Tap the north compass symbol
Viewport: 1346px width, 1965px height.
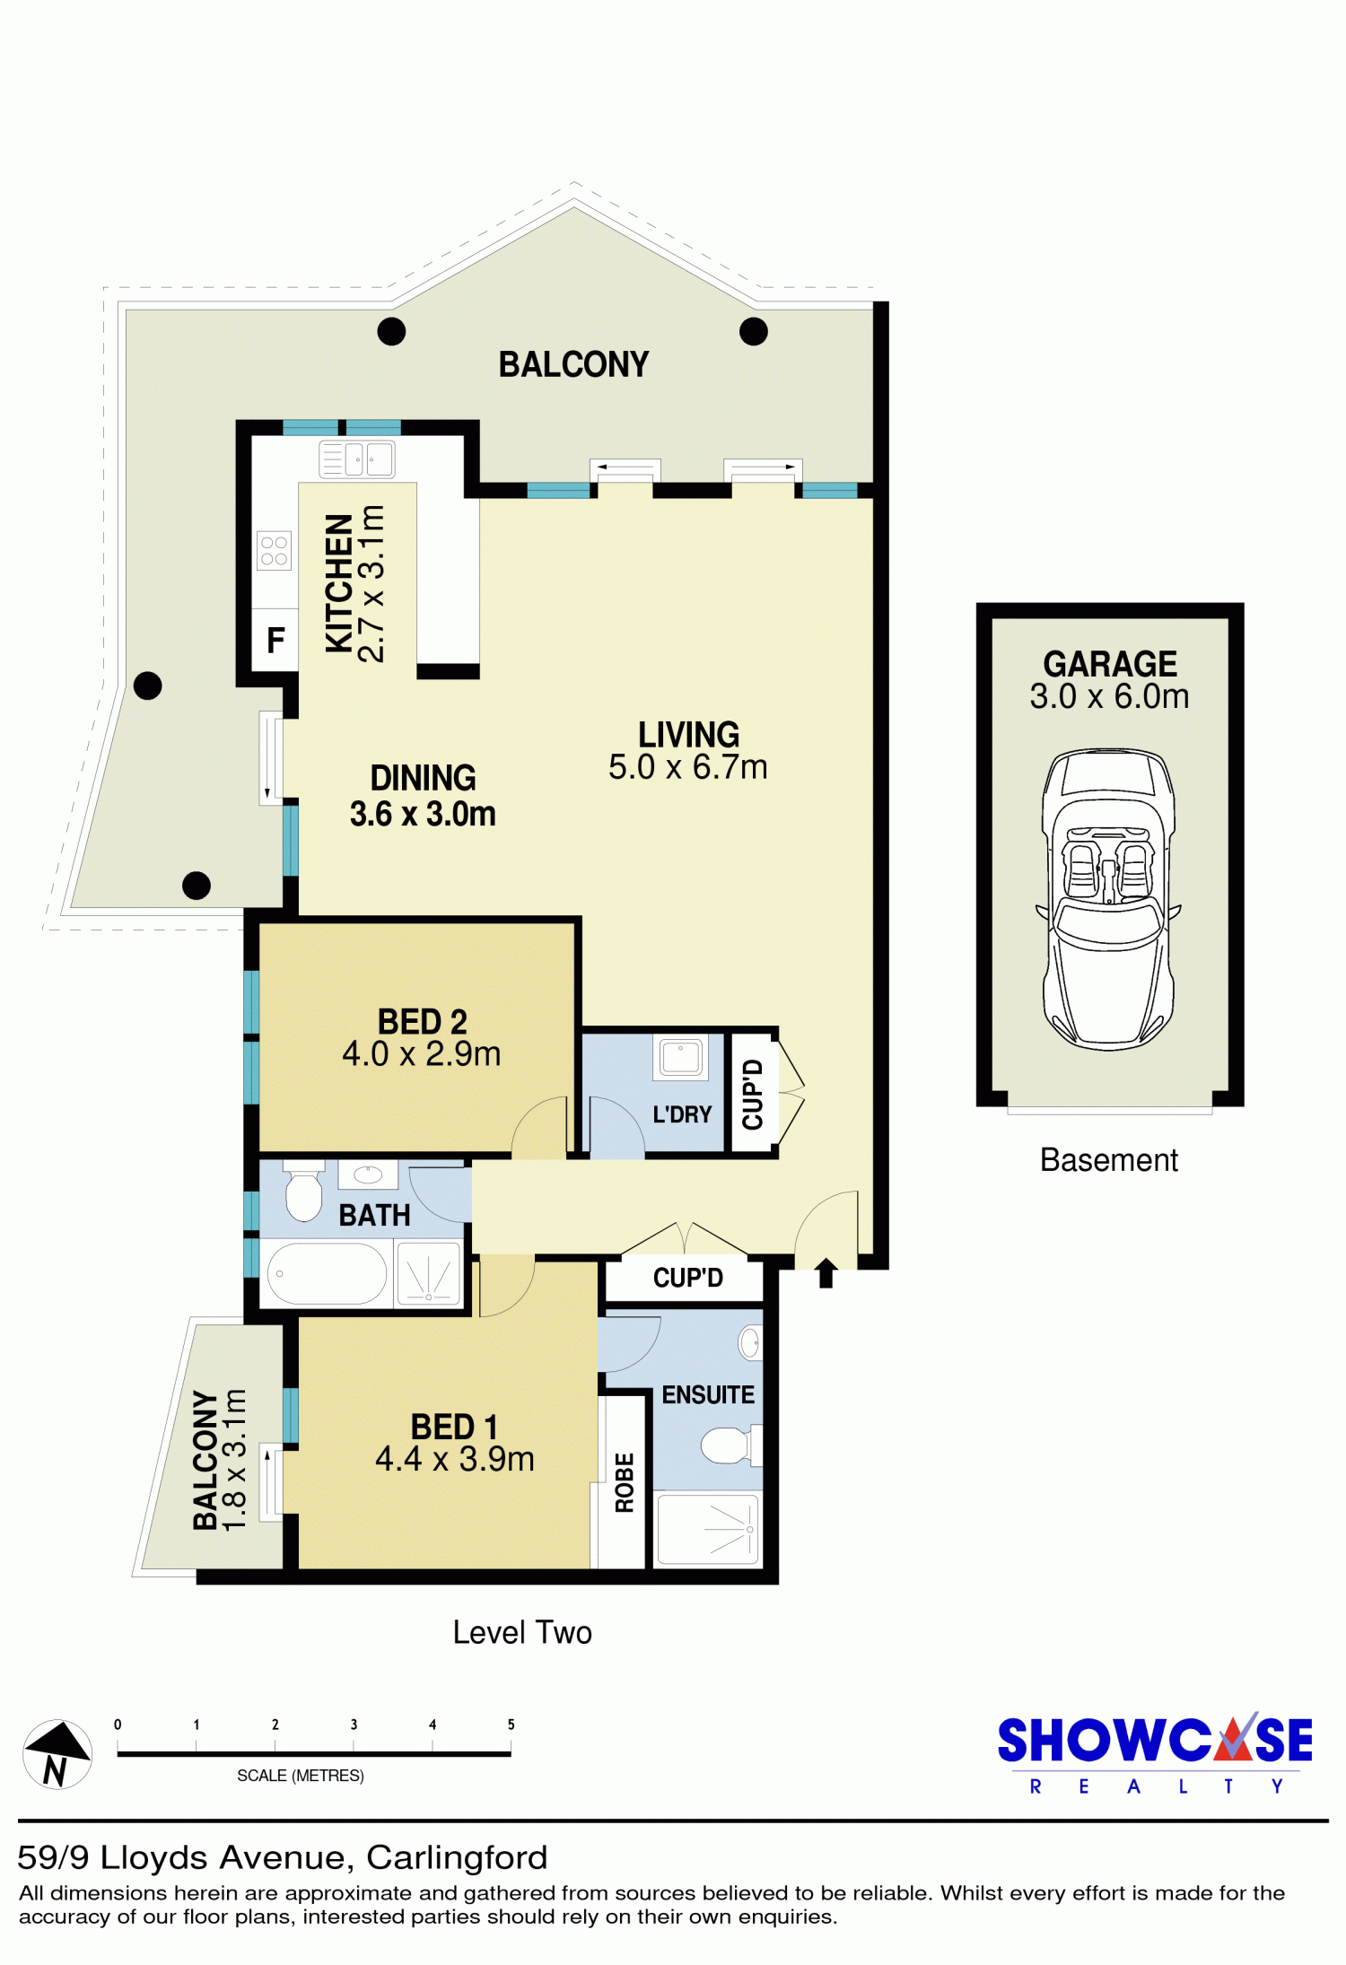click(x=57, y=1754)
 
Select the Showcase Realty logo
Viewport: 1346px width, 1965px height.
click(x=1155, y=1754)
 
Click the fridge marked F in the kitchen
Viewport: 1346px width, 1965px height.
click(x=275, y=640)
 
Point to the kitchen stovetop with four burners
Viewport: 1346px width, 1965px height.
click(x=275, y=551)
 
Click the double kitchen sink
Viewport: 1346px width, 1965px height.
click(x=357, y=459)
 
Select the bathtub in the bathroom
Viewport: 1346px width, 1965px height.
click(x=327, y=1273)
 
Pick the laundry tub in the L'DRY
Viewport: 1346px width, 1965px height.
click(x=681, y=1056)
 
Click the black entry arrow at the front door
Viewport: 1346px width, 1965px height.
click(x=826, y=1273)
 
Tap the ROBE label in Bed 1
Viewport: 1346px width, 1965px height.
click(x=625, y=1482)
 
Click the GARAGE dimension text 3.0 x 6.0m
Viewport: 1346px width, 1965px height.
click(x=1109, y=696)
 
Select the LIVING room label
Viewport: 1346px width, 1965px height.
click(x=688, y=735)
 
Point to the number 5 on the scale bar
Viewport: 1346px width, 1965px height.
click(x=511, y=1725)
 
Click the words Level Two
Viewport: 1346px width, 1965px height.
click(x=522, y=1632)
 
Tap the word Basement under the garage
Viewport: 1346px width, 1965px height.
click(x=1109, y=1160)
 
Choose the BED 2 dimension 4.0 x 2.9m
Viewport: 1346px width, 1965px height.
click(x=422, y=1054)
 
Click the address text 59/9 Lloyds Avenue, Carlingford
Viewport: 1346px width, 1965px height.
click(x=283, y=1857)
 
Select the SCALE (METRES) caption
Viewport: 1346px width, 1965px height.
click(x=301, y=1776)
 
